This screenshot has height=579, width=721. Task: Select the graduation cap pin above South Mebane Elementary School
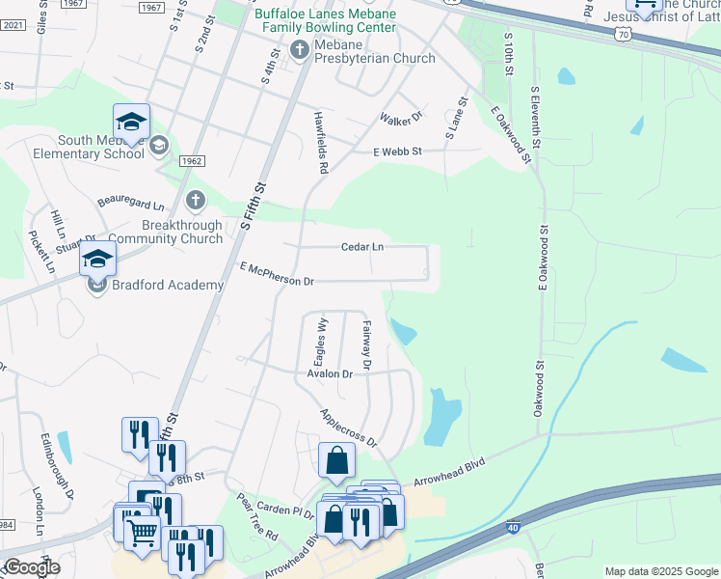131,122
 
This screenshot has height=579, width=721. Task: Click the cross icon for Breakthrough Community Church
195,201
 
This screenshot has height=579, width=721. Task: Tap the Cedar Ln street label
362,247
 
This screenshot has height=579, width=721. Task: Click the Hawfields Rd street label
322,141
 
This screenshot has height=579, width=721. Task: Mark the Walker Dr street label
401,118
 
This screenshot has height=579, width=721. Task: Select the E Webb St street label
398,152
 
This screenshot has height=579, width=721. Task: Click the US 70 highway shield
624,35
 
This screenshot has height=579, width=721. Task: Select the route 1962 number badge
191,161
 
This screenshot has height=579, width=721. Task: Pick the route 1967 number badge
150,7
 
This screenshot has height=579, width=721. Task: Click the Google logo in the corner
32,567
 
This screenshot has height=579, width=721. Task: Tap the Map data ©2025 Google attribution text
660,571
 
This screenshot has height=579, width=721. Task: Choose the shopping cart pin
142,530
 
